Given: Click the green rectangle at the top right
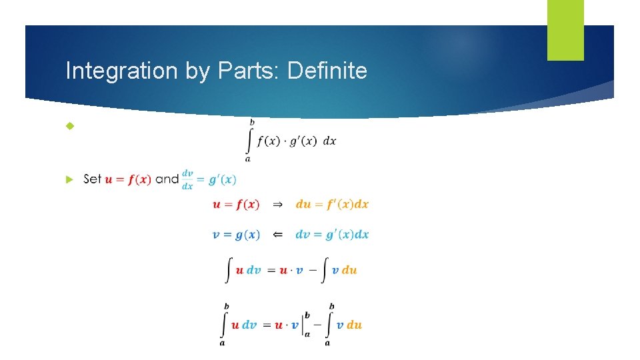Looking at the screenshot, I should tap(565, 29).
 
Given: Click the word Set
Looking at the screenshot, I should tap(93, 179).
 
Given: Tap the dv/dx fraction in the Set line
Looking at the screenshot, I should tap(187, 179).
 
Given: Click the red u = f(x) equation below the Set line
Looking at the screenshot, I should tap(236, 205).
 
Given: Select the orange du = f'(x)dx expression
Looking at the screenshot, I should tap(332, 205).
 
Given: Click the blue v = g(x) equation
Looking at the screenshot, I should tap(236, 235).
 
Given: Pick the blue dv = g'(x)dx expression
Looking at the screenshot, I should tap(332, 235).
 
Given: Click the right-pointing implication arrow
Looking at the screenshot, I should tap(278, 205).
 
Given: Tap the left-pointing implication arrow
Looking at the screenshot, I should tap(278, 235).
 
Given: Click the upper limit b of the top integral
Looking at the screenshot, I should tap(251, 122).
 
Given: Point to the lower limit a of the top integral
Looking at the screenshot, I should tap(248, 159).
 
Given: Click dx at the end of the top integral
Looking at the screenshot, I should tap(329, 142).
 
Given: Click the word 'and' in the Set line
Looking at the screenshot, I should tap(167, 179).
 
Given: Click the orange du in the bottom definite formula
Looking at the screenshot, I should tap(354, 325).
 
